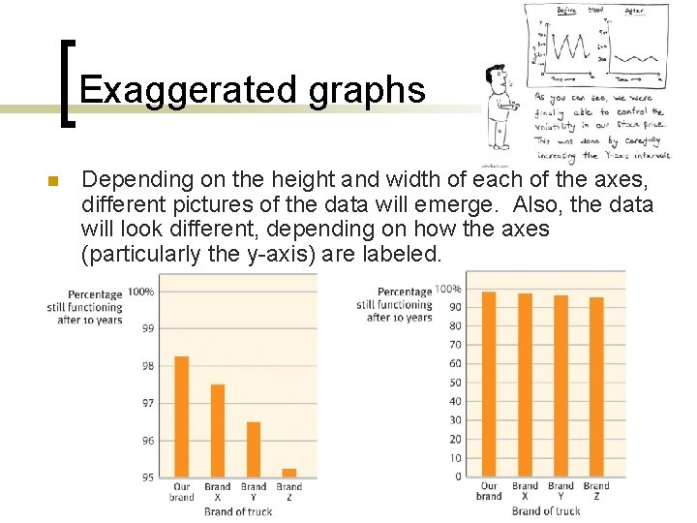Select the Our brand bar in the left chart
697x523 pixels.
click(x=182, y=416)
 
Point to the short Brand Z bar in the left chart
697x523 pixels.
click(x=288, y=473)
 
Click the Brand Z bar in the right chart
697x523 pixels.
click(x=596, y=386)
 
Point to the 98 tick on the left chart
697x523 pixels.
click(x=147, y=366)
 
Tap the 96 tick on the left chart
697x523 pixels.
click(x=147, y=441)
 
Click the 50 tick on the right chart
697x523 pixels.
click(x=455, y=383)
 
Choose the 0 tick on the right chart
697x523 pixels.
click(x=458, y=477)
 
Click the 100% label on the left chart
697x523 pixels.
click(x=140, y=292)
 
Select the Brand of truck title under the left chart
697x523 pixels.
click(x=238, y=510)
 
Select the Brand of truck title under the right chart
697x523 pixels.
click(x=546, y=510)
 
